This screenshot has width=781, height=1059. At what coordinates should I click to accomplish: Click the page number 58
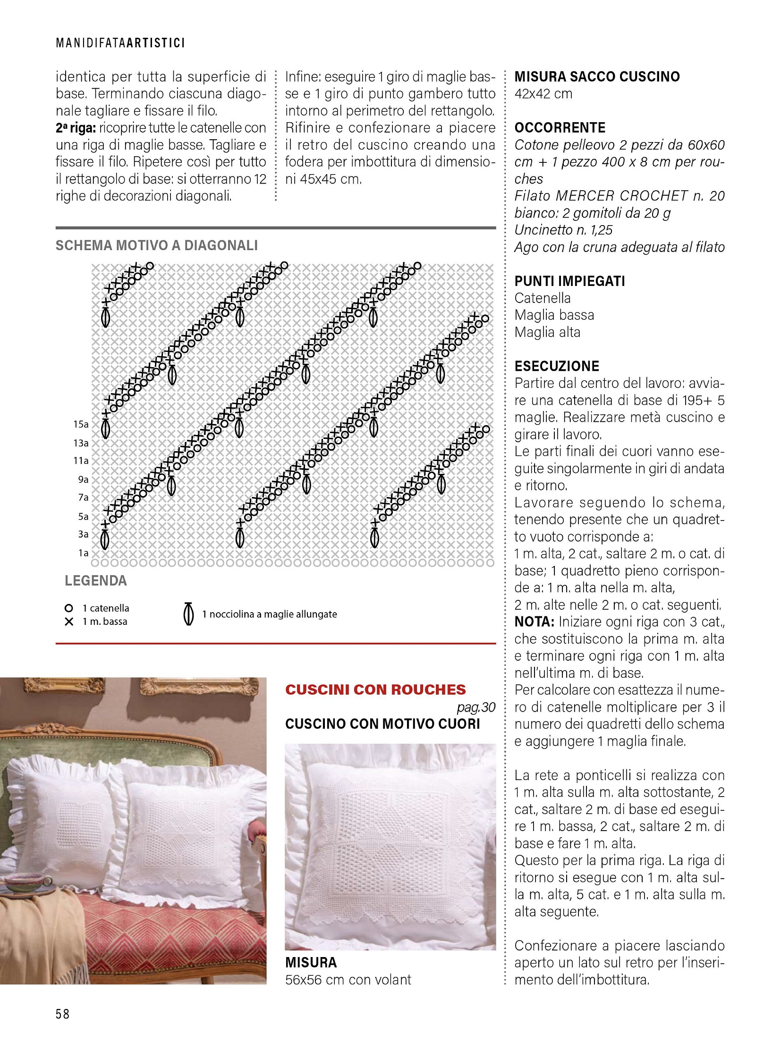62,1014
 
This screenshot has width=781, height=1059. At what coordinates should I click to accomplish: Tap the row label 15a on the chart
81,424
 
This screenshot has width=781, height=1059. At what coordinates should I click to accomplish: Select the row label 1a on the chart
83,553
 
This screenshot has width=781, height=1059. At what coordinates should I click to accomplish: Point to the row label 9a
83,479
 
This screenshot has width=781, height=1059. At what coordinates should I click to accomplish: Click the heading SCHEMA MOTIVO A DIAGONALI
156,245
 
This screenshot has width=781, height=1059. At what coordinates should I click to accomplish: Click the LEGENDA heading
95,581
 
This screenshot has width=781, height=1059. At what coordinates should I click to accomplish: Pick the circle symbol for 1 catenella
69,608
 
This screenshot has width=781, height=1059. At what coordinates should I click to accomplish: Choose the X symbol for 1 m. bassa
69,622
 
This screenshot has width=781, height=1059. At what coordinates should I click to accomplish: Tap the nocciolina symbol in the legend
188,614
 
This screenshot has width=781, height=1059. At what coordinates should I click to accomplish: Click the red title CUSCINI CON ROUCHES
375,689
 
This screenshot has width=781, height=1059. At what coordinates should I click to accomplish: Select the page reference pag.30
476,707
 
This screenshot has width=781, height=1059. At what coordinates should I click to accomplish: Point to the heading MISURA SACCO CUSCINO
597,76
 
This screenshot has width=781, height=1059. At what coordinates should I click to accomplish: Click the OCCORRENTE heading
560,127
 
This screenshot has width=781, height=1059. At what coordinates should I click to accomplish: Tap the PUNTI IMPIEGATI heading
569,281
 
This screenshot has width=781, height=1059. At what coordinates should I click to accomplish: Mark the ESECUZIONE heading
556,366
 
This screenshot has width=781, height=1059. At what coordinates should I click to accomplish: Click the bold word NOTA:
534,622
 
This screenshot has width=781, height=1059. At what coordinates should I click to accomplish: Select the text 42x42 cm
543,93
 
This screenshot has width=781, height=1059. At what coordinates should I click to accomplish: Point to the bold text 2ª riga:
76,128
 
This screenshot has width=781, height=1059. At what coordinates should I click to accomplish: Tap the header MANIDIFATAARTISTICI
120,43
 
